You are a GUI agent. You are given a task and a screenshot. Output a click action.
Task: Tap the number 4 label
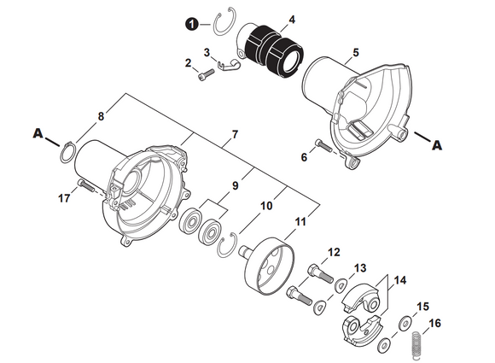tap(268, 19)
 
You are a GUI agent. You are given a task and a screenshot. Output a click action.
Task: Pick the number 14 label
tap(399, 279)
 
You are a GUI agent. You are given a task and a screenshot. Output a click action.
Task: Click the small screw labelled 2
tap(203, 76)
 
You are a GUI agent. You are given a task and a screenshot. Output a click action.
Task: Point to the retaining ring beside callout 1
tap(224, 25)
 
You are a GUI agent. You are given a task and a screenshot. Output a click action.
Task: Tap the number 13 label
tap(359, 267)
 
